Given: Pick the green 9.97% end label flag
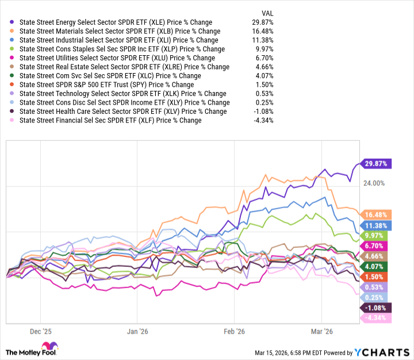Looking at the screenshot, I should pyautogui.click(x=375, y=235).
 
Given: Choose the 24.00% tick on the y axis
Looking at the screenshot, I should pyautogui.click(x=373, y=183).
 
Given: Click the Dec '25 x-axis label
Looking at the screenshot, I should pyautogui.click(x=40, y=331).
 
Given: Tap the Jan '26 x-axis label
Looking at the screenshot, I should pyautogui.click(x=137, y=331).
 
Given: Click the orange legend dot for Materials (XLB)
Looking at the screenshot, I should pyautogui.click(x=13, y=32).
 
